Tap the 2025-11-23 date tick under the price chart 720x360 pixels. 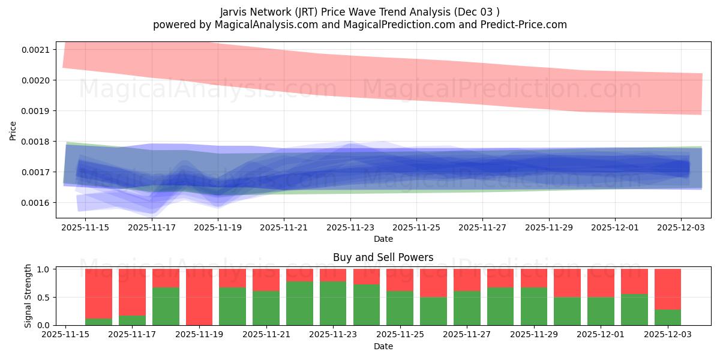pos(350,227)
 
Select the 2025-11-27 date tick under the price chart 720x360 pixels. pos(482,227)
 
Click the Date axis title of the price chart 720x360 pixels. pos(383,239)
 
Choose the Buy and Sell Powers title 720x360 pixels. pos(383,257)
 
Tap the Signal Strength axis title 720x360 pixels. pos(28,296)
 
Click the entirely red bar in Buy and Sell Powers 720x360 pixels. pos(199,297)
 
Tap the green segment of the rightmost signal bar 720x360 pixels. pos(668,317)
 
